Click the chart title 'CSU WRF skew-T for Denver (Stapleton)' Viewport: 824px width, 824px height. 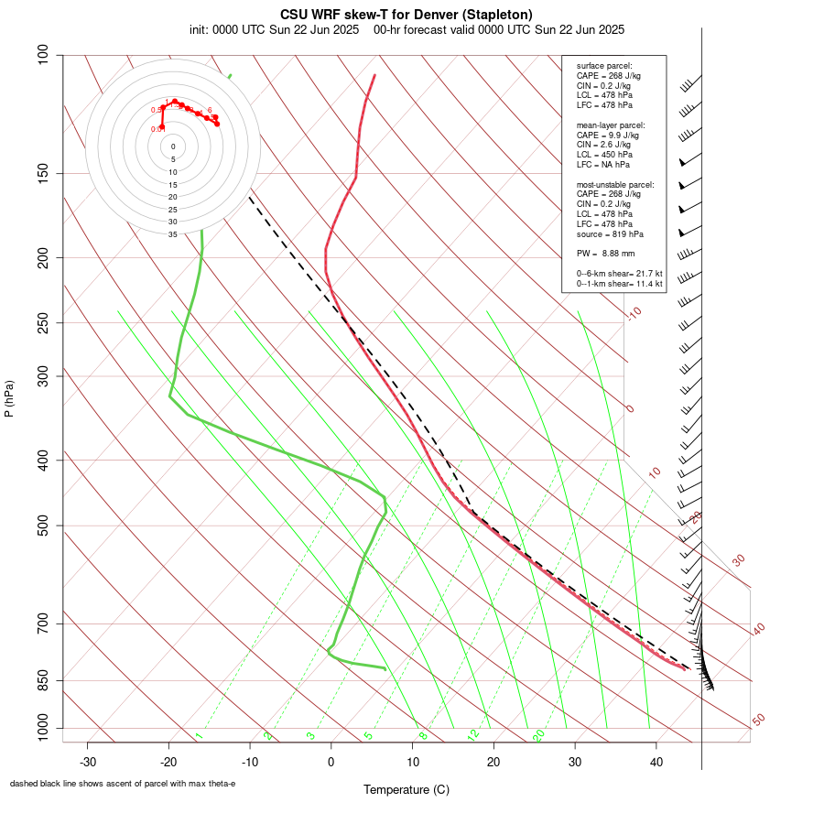click(406, 15)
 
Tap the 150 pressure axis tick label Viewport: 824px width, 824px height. click(43, 173)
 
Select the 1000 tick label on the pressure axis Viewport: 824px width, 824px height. click(39, 729)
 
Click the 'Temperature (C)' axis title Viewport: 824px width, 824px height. click(407, 789)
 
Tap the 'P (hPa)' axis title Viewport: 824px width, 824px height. click(9, 399)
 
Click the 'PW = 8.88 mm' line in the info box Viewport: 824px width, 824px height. click(605, 253)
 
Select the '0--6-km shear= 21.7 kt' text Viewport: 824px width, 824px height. click(619, 273)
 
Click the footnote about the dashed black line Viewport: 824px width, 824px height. click(123, 784)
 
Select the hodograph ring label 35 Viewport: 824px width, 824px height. click(172, 234)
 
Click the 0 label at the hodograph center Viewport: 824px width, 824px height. click(173, 146)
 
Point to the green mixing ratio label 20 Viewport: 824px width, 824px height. click(538, 735)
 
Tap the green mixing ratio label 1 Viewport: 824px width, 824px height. click(198, 735)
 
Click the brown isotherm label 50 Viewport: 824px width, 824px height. click(758, 720)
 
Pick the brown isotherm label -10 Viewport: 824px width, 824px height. click(634, 313)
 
